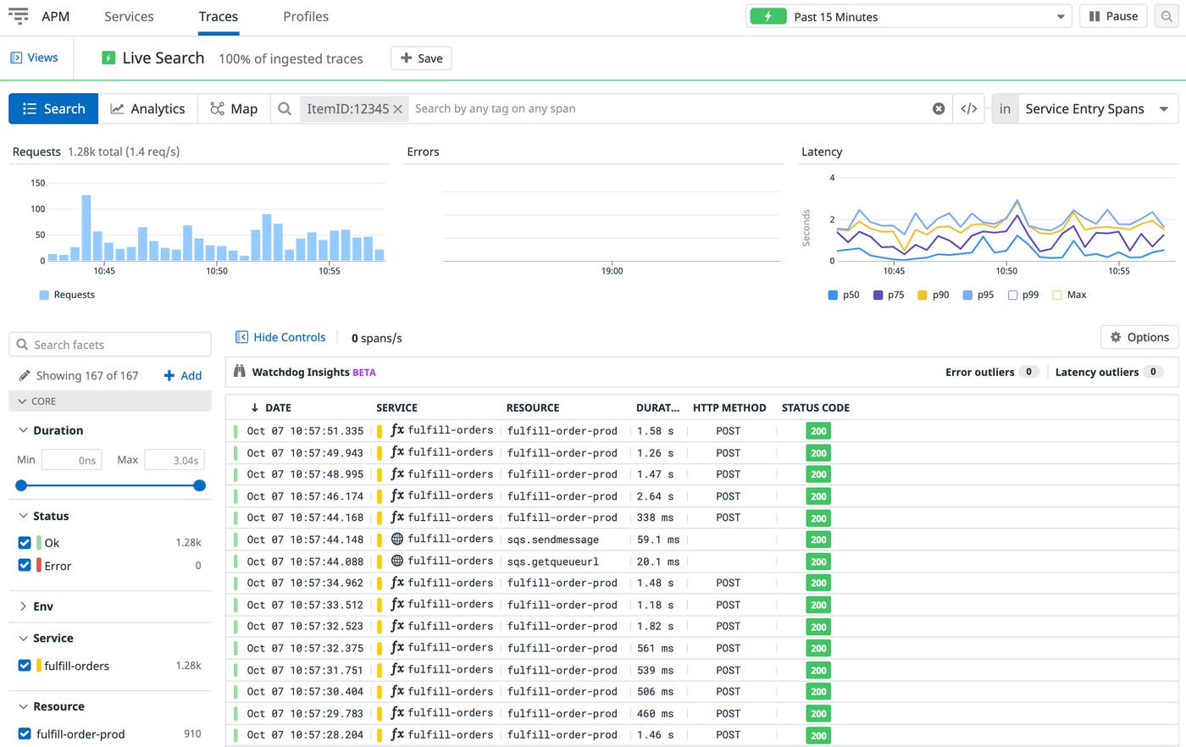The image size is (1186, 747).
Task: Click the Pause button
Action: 1113,16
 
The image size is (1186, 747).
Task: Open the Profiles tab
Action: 305,17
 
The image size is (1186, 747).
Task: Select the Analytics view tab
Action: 147,108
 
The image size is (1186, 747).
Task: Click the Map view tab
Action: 234,108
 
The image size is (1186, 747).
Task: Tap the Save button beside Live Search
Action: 421,58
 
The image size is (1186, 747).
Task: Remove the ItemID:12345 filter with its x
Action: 397,109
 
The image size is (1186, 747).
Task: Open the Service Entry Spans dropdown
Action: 1084,108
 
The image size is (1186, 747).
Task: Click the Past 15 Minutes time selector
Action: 908,16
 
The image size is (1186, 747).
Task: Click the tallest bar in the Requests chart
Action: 86,227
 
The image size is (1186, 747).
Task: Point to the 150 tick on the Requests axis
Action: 37,183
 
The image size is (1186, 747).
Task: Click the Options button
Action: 1139,337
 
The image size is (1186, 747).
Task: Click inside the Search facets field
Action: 110,345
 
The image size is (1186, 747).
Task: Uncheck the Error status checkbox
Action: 25,566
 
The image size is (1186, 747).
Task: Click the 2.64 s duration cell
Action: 655,496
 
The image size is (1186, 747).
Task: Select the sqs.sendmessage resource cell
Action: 552,539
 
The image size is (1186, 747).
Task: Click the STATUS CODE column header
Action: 815,407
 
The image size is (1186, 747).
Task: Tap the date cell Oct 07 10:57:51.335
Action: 305,431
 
